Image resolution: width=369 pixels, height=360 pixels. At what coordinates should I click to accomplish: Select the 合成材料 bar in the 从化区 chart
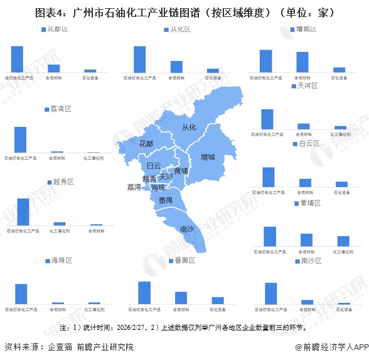point(176,67)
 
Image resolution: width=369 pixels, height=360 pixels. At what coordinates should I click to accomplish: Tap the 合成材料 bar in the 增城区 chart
point(302,62)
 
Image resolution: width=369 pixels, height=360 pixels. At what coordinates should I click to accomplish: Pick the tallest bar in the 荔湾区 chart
point(20,139)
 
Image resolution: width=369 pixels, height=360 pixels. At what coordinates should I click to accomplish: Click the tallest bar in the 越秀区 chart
point(23,212)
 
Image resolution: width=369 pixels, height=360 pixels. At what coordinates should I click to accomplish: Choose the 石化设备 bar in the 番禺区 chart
point(218,300)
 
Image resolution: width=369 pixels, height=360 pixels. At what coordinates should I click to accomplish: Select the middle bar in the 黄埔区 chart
point(306,240)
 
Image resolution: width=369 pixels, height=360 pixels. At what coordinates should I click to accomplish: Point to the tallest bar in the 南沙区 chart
point(271,293)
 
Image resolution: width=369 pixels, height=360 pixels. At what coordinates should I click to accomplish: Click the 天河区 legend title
point(307,85)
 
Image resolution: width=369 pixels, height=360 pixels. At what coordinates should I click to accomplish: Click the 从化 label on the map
point(189,128)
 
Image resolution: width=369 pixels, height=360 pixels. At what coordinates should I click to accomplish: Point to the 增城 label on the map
point(208,156)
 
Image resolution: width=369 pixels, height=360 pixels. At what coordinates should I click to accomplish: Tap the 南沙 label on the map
point(187,229)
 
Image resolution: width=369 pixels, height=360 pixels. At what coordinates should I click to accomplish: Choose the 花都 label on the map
point(146,144)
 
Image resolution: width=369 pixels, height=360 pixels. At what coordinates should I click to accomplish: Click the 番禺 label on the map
point(166,200)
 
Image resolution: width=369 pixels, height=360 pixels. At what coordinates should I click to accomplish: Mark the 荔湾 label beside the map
point(134,187)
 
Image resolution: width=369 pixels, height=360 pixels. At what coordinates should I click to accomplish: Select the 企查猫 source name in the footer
point(61,347)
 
